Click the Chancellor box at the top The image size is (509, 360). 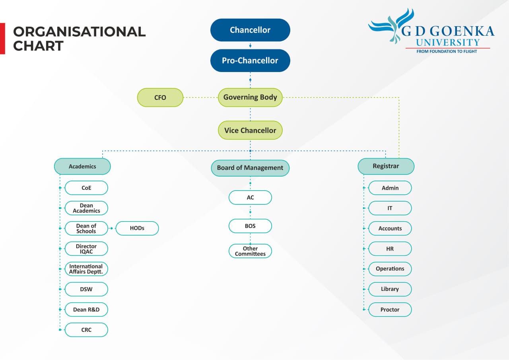point(250,30)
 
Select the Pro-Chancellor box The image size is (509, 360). point(250,60)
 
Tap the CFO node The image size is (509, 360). point(160,97)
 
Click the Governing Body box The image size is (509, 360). point(250,97)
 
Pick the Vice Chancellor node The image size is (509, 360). point(250,130)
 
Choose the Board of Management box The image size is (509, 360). point(250,168)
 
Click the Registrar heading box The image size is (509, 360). point(386,166)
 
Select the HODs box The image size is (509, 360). point(137,228)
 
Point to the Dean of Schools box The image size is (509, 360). point(86,228)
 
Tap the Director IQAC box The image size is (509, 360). point(86,249)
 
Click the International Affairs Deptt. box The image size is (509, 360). point(86,269)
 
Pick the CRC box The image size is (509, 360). point(86,330)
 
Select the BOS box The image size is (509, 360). point(250,226)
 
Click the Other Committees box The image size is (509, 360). point(250,251)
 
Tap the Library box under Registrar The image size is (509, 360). point(390,289)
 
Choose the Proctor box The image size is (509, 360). point(390,309)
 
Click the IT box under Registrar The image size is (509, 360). point(390,208)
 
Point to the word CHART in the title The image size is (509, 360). point(38,46)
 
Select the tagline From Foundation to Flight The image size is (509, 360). point(447,51)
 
